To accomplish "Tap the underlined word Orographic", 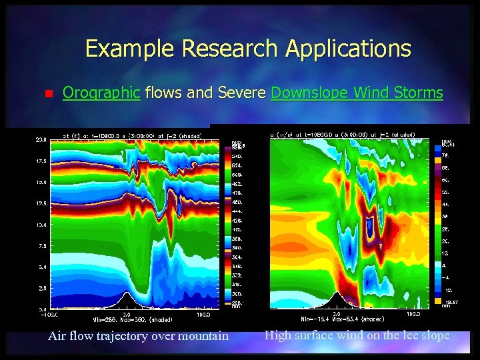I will pos(101,93).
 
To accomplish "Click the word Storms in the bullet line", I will pos(419,93).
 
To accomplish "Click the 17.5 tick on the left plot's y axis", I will pos(41,161).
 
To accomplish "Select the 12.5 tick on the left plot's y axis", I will pos(41,203).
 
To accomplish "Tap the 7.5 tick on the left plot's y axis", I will pos(41,246).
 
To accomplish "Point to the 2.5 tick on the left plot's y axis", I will pos(41,288).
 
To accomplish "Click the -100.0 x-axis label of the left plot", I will pos(53,313).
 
